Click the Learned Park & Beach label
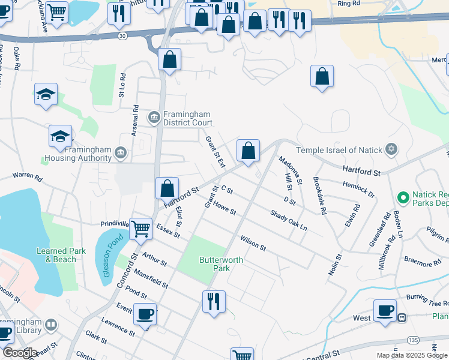point(56,255)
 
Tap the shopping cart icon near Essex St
point(140,227)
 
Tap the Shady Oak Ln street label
point(288,221)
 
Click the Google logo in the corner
point(20,353)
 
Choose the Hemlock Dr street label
point(358,190)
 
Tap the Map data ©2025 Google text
point(411,355)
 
